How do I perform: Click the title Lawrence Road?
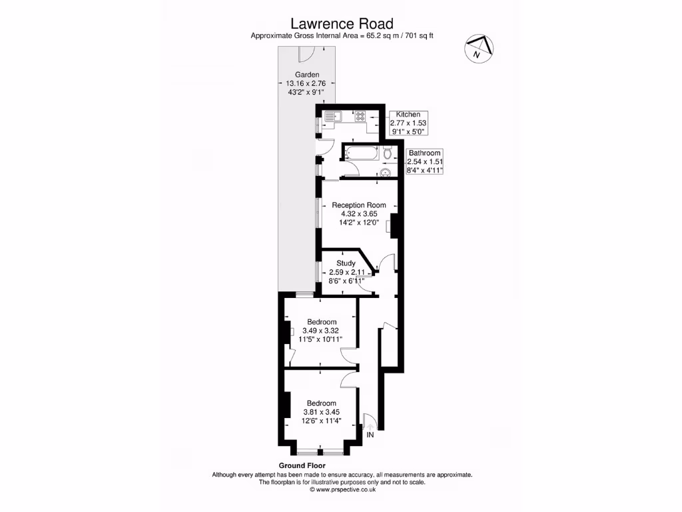340,24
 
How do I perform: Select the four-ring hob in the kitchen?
360,116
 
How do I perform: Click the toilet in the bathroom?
388,154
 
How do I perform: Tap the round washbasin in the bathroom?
385,173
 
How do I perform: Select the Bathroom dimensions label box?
425,162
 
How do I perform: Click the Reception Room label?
359,205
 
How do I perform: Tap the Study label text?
346,263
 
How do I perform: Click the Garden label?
307,75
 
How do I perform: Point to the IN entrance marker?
370,435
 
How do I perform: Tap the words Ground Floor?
302,465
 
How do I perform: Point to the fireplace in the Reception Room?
392,226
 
